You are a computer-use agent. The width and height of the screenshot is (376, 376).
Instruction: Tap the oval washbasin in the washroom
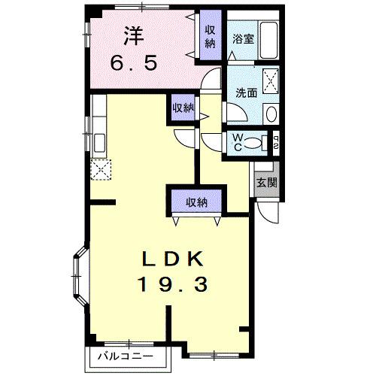click(x=271, y=112)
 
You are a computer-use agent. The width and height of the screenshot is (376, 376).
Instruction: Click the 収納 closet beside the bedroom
click(x=211, y=36)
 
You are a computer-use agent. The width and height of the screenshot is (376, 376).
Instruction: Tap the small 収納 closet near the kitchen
click(x=182, y=108)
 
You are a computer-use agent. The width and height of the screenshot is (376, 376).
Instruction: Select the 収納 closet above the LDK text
click(x=197, y=202)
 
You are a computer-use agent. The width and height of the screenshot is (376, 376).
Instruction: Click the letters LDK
click(x=172, y=259)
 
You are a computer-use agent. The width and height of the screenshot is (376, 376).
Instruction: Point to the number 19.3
click(x=172, y=285)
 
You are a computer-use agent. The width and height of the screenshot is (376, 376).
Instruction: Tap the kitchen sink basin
click(x=99, y=143)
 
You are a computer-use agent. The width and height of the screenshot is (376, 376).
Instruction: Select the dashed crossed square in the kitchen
click(x=99, y=170)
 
